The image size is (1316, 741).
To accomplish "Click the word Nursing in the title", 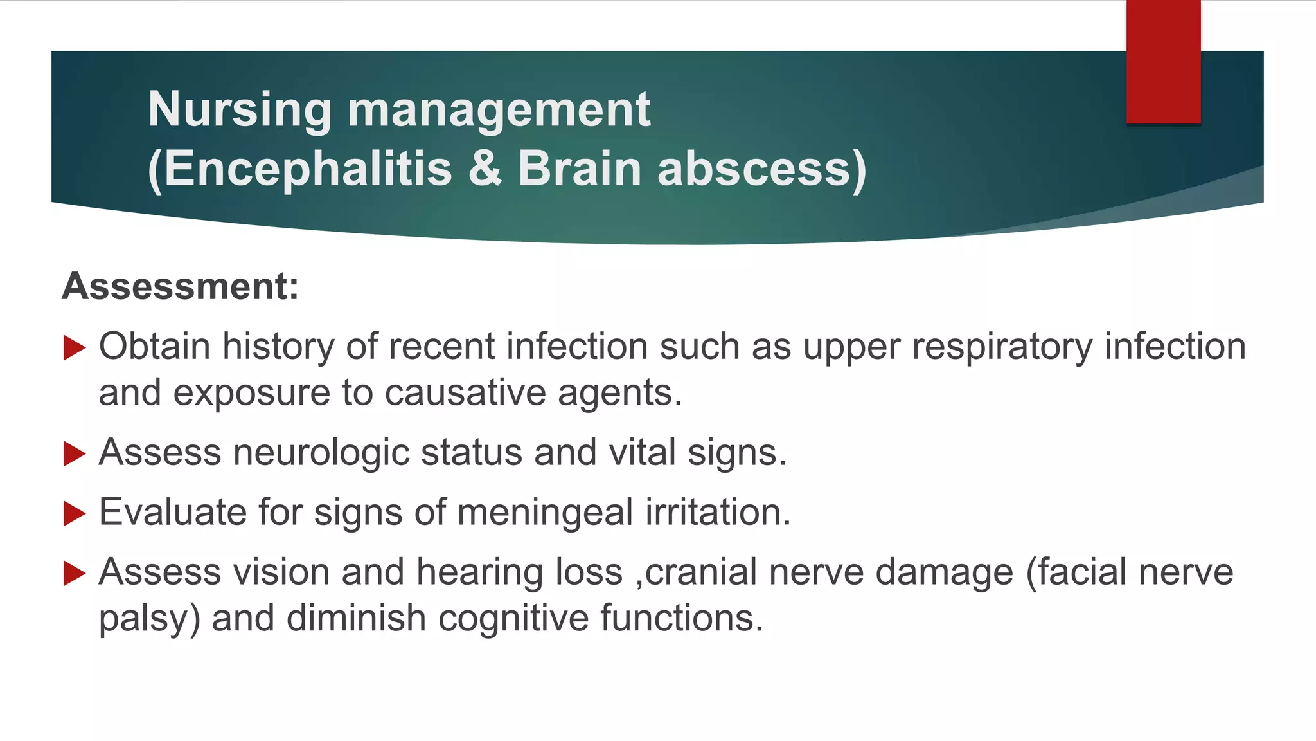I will click(x=240, y=110).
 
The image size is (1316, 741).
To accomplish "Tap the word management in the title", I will click(x=499, y=110).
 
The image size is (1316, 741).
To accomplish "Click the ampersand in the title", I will click(x=485, y=169).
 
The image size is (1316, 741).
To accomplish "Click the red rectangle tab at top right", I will click(x=1163, y=62).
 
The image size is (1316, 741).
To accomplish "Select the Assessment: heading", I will click(x=181, y=286).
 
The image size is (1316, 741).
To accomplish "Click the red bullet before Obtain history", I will click(x=75, y=348).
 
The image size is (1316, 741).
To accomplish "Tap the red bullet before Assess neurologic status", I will click(x=75, y=454).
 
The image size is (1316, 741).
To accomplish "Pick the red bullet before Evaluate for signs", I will click(x=75, y=514).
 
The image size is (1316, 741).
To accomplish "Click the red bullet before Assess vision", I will click(x=75, y=573).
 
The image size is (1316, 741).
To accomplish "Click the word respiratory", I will click(x=1002, y=347).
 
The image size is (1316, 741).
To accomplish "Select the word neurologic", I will click(x=321, y=453).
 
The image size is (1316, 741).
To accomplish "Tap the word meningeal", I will click(x=546, y=513).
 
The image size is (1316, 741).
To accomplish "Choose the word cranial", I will click(x=701, y=572).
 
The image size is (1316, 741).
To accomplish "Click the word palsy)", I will click(x=149, y=619).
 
